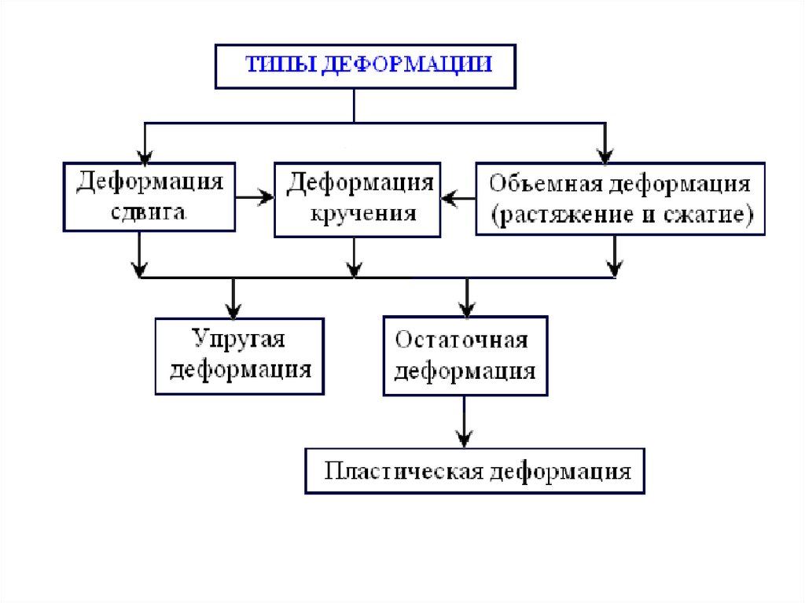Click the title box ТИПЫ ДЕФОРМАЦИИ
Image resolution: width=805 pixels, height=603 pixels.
tap(366, 65)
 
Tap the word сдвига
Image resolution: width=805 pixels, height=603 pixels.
tap(149, 211)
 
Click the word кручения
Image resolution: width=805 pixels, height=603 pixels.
tap(358, 213)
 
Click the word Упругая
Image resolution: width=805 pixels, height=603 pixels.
tap(238, 340)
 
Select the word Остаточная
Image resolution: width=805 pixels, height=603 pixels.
tap(461, 340)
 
